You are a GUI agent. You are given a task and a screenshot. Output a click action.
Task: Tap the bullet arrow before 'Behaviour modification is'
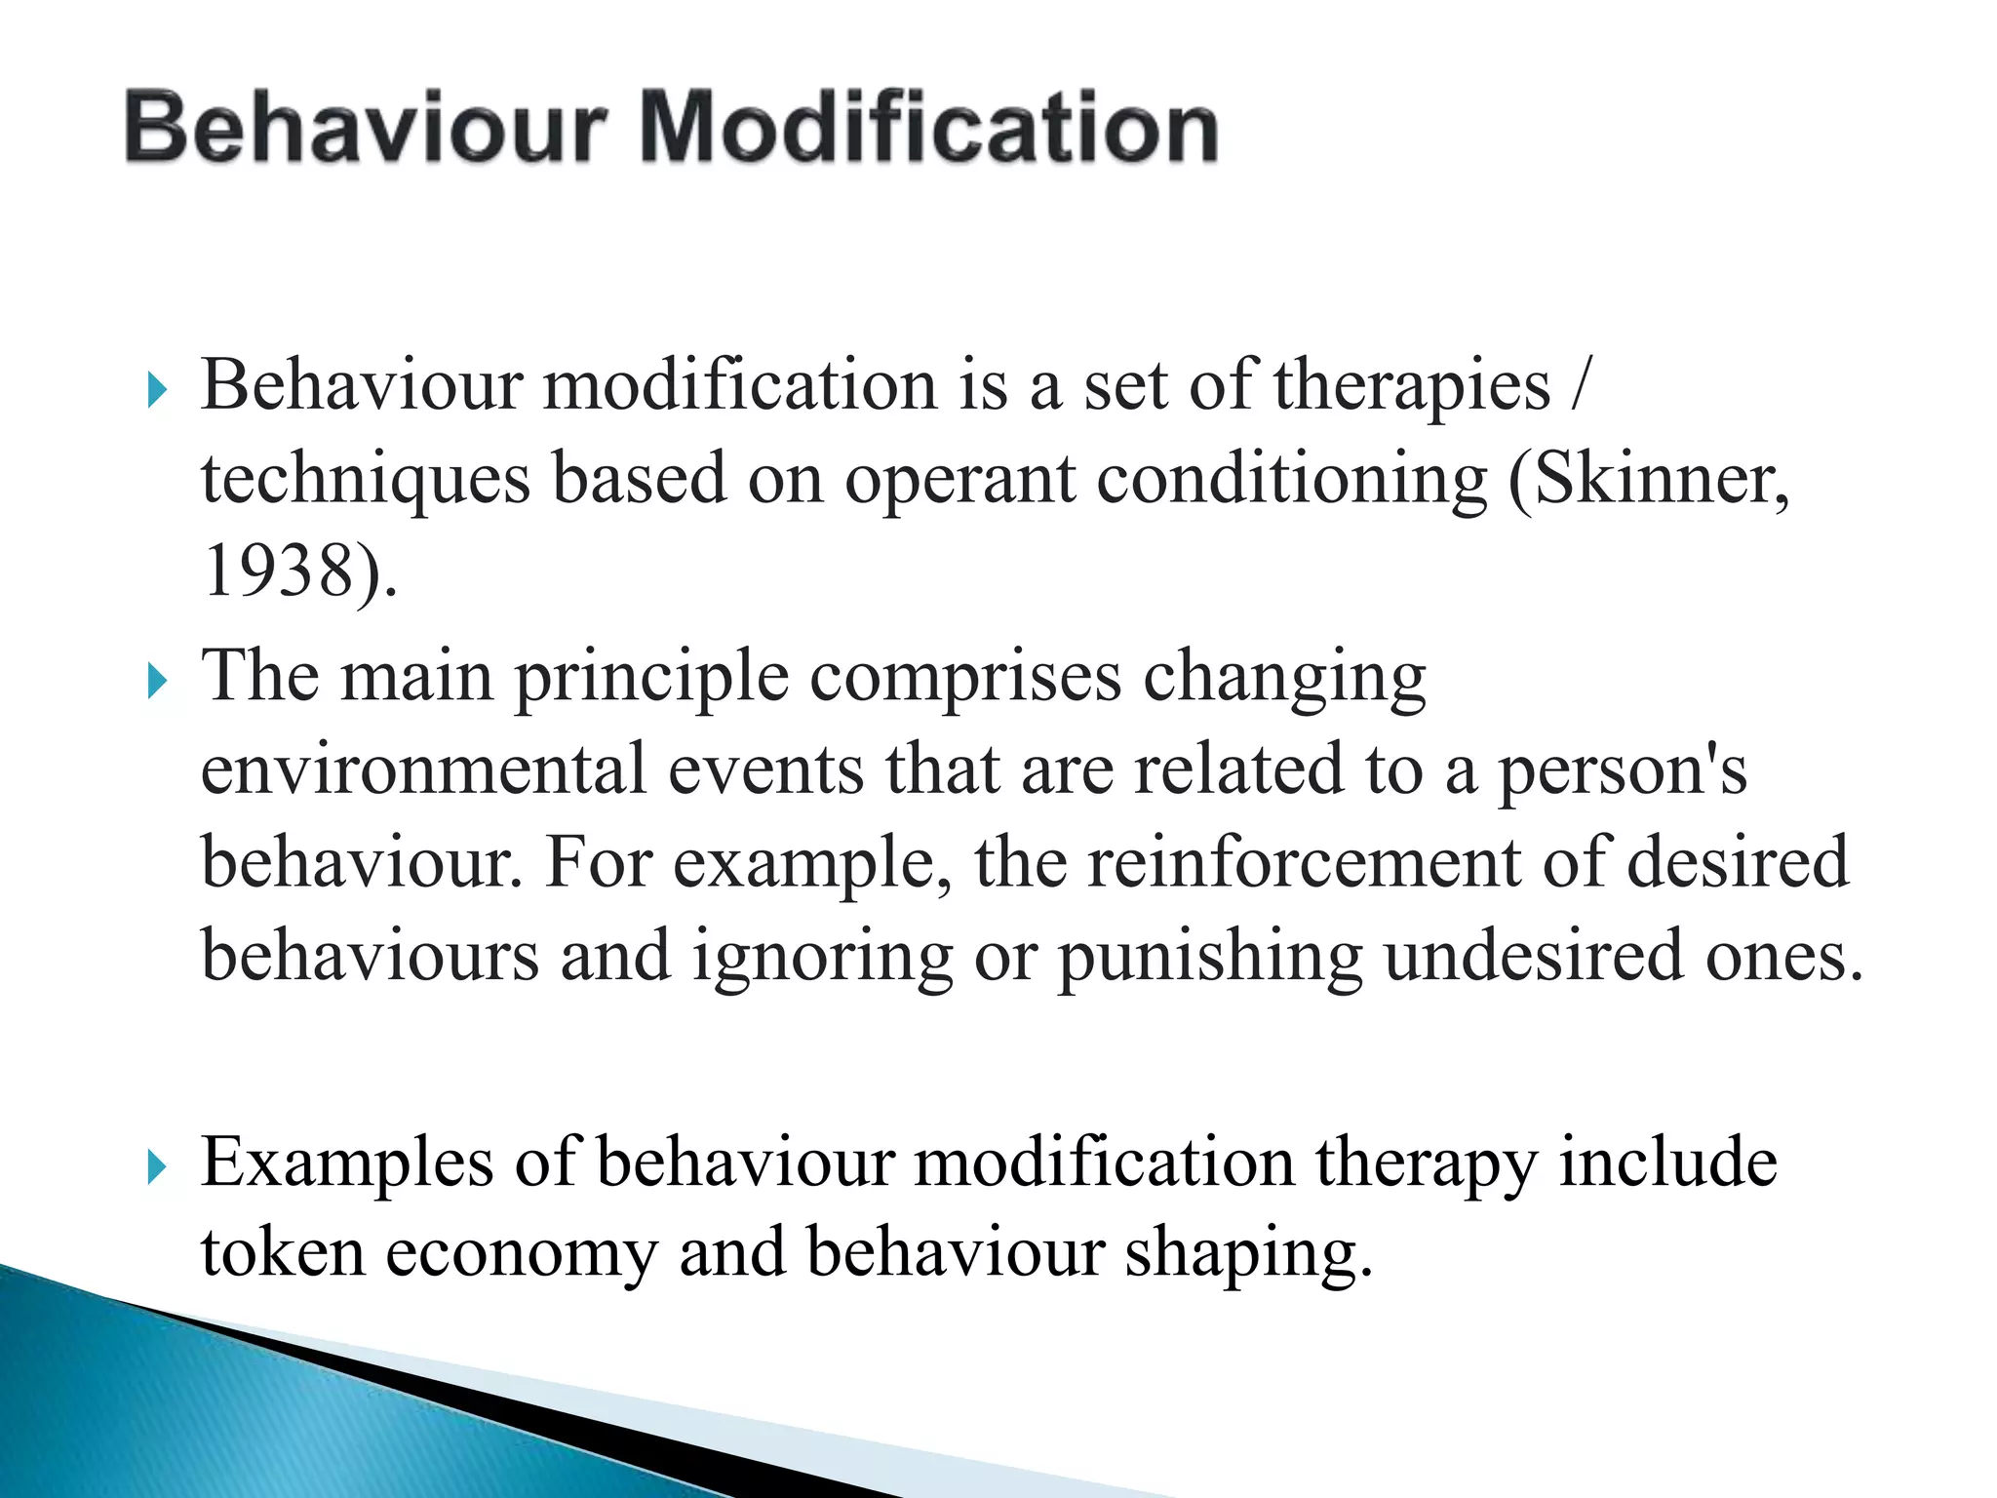pyautogui.click(x=156, y=392)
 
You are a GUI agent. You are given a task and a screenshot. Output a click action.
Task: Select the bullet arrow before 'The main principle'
pyautogui.click(x=156, y=682)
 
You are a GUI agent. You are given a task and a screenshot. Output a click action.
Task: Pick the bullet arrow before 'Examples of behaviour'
pyautogui.click(x=156, y=1166)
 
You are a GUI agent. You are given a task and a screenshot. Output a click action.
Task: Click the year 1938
pyautogui.click(x=277, y=572)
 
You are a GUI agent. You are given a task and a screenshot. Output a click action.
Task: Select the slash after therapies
pyautogui.click(x=1580, y=386)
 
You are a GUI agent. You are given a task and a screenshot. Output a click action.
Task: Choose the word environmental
pyautogui.click(x=423, y=769)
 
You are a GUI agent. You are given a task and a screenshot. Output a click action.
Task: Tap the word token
pyautogui.click(x=283, y=1252)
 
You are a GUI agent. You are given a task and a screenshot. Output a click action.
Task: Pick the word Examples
pyautogui.click(x=347, y=1164)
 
